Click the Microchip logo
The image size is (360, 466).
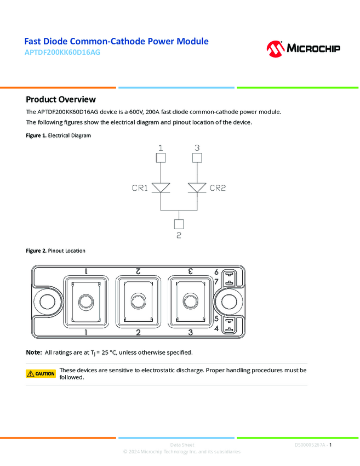coord(303,49)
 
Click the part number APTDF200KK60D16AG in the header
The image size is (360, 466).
coord(62,53)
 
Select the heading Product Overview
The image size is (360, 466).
coord(61,99)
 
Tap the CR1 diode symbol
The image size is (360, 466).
coord(161,188)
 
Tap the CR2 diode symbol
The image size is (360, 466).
coord(197,188)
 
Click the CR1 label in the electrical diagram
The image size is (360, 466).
coord(140,188)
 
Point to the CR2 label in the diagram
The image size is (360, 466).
coord(218,188)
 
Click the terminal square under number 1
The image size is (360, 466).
coord(161,158)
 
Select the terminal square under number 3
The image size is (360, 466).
coord(197,158)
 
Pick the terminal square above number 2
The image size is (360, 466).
coord(179,224)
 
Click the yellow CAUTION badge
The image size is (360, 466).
coord(41,374)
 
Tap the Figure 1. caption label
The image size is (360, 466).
coord(36,135)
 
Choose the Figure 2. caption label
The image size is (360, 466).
coord(36,251)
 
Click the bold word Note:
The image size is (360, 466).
coord(34,352)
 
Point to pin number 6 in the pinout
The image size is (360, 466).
coord(216,272)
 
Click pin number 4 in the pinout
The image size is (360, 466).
coord(216,328)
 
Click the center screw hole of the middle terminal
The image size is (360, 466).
coord(138,302)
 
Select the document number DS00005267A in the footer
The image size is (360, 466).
coord(310,445)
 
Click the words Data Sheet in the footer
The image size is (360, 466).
coord(182,445)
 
